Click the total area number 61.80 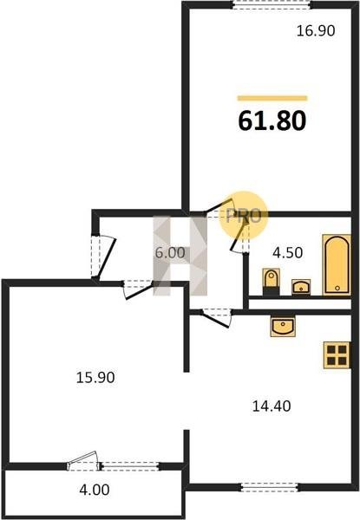click(x=272, y=120)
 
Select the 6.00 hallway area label click(x=170, y=253)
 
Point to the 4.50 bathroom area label click(x=287, y=253)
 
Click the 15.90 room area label click(x=95, y=377)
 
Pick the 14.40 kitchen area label click(x=272, y=406)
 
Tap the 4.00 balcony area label click(x=95, y=490)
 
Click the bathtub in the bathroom click(x=337, y=264)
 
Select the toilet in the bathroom click(x=271, y=282)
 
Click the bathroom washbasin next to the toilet click(x=301, y=287)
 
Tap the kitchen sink click(x=283, y=327)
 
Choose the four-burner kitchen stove click(x=337, y=355)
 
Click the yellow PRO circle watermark click(x=243, y=216)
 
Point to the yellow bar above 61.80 click(x=272, y=98)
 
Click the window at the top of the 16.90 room click(x=272, y=4)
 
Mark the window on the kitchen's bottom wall click(x=270, y=487)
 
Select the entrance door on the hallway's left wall click(x=103, y=257)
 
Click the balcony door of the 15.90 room click(x=83, y=461)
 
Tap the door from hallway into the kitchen click(x=216, y=316)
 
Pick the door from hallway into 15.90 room click(x=138, y=289)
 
